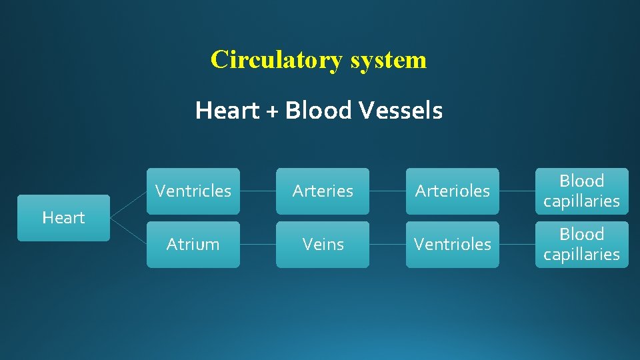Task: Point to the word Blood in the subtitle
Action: point(319,111)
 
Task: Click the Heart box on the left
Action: point(63,217)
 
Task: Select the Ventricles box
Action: point(193,191)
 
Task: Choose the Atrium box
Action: point(193,244)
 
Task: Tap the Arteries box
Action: point(323,191)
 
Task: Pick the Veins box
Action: point(323,244)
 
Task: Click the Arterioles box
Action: point(452,191)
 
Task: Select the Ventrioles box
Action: point(452,244)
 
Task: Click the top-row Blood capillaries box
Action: point(581,191)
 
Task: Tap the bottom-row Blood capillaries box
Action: point(581,244)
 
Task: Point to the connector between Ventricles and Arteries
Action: point(257,191)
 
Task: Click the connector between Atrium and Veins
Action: point(257,244)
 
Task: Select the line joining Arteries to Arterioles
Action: point(387,191)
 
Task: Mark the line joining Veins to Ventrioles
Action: point(387,244)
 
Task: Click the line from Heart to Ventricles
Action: point(128,204)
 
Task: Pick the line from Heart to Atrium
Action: point(128,231)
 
